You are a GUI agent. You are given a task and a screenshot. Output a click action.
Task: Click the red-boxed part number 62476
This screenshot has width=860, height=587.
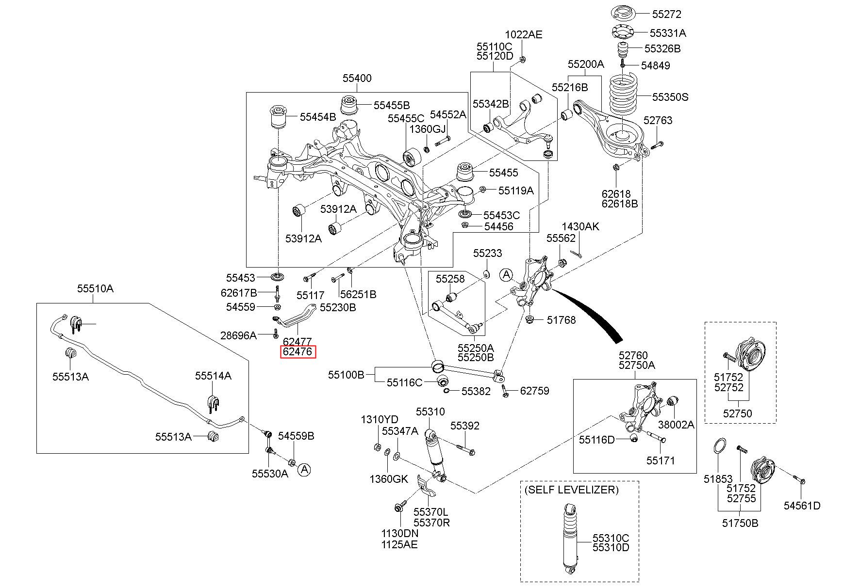[298, 352]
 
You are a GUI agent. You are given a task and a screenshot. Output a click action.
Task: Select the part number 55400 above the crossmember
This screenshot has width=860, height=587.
[357, 79]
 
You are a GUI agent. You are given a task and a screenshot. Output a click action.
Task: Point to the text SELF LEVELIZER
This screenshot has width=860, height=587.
[571, 490]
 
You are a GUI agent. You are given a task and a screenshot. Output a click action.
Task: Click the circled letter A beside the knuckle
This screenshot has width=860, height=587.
[506, 275]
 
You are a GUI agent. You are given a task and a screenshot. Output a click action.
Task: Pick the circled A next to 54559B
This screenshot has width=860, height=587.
[304, 469]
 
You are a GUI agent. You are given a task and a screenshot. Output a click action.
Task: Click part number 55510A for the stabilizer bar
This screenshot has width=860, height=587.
[95, 289]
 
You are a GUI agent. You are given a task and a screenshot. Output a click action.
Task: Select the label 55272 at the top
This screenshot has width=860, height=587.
[666, 15]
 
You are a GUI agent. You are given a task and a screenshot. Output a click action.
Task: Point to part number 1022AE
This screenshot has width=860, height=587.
[524, 34]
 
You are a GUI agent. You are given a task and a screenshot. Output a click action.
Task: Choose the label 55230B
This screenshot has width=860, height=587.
[338, 307]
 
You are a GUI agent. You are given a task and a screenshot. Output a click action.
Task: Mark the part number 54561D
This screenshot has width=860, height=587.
[802, 506]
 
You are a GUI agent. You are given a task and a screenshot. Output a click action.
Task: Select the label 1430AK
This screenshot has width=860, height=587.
[580, 226]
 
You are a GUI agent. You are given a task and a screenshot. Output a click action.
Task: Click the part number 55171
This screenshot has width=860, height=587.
[661, 460]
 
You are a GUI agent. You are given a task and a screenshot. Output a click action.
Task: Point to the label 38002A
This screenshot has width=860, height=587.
[676, 425]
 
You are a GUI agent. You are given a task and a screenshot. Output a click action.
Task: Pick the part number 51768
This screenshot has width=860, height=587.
[561, 320]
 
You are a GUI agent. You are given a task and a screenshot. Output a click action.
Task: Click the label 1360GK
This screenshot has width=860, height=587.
[389, 479]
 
